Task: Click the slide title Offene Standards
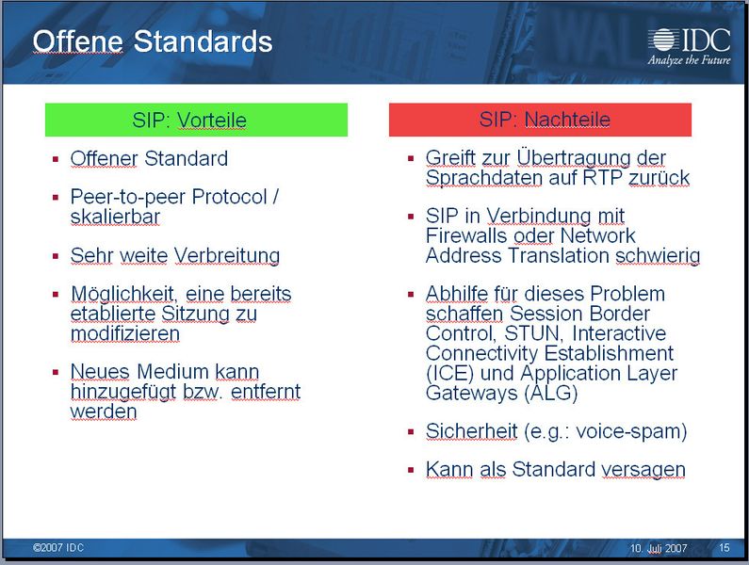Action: tap(153, 41)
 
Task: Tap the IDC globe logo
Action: tap(662, 40)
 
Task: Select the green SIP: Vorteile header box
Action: tap(196, 120)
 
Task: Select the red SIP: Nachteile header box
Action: tap(541, 120)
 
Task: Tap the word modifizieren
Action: tap(125, 333)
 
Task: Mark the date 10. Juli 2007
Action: tap(659, 548)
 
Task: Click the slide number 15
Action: tap(724, 548)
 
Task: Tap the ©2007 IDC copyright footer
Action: tap(58, 548)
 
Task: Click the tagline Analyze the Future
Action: tap(689, 59)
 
